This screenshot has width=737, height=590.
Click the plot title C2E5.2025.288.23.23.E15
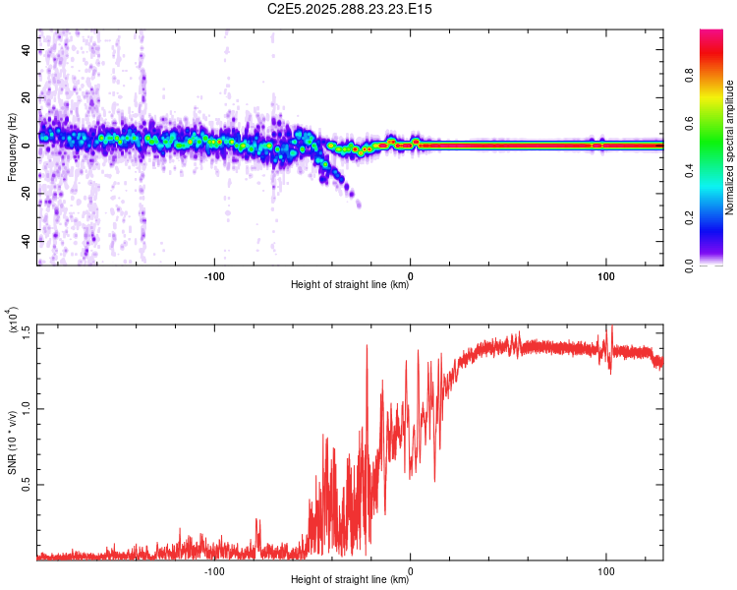click(x=351, y=9)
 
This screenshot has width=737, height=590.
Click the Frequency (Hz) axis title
click(x=12, y=148)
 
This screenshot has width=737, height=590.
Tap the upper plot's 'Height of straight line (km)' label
click(x=350, y=285)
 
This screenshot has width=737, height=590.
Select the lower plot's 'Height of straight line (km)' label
click(x=350, y=580)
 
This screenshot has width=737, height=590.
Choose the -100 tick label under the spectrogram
click(x=215, y=275)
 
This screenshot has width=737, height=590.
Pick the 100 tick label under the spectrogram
click(x=606, y=275)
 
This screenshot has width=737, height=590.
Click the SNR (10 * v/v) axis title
click(x=12, y=442)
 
